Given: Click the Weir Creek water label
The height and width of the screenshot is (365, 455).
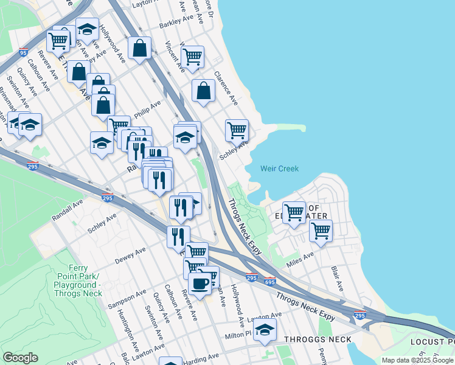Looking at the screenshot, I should click(x=279, y=169).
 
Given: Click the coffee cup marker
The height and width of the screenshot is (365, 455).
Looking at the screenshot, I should click(x=200, y=283).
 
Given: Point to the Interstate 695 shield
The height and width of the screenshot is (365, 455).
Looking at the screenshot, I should click(x=271, y=282).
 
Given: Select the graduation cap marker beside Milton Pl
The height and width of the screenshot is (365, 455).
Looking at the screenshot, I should click(x=265, y=330).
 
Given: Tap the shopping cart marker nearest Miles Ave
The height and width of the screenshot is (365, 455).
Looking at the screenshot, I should click(x=321, y=231).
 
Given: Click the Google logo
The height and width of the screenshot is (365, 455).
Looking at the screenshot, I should click(x=20, y=358).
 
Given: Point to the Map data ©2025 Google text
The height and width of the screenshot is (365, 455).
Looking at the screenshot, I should click(x=418, y=360).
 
